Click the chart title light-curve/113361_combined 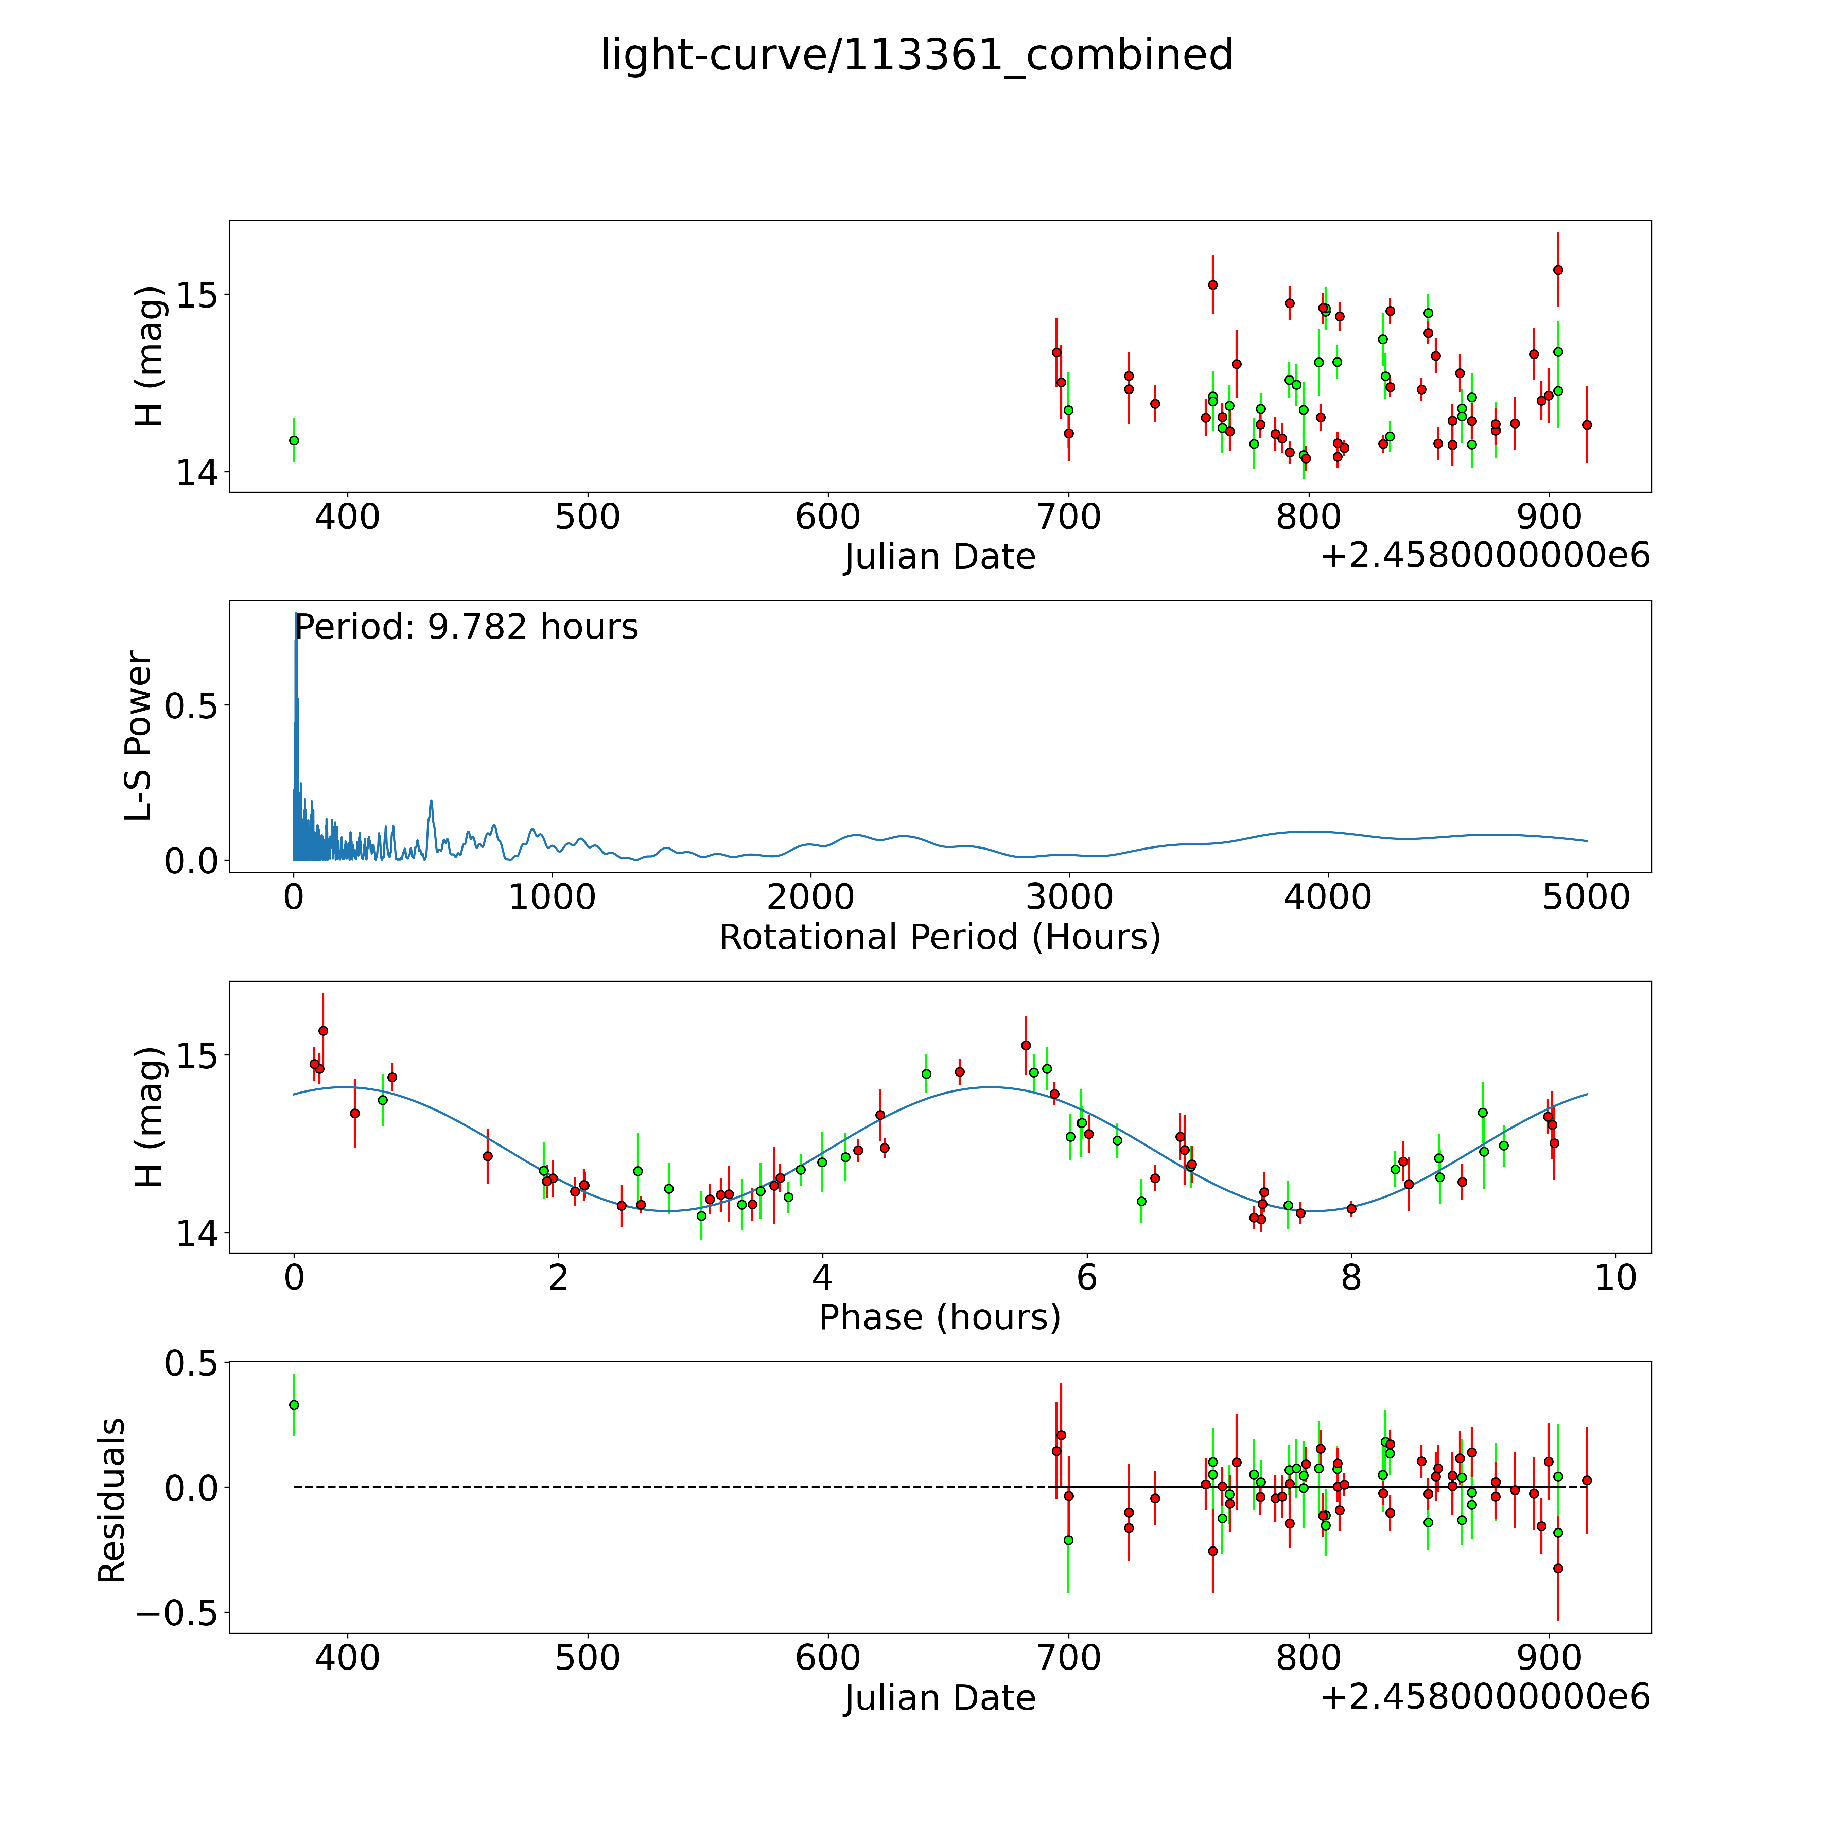(916, 55)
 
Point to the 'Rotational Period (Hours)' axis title (939, 938)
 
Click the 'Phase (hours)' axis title (939, 1317)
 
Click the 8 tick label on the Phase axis (1351, 1277)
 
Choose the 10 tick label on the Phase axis (1615, 1277)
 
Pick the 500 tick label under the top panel (588, 518)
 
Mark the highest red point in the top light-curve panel (1558, 270)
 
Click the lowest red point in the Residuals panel (1558, 1568)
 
